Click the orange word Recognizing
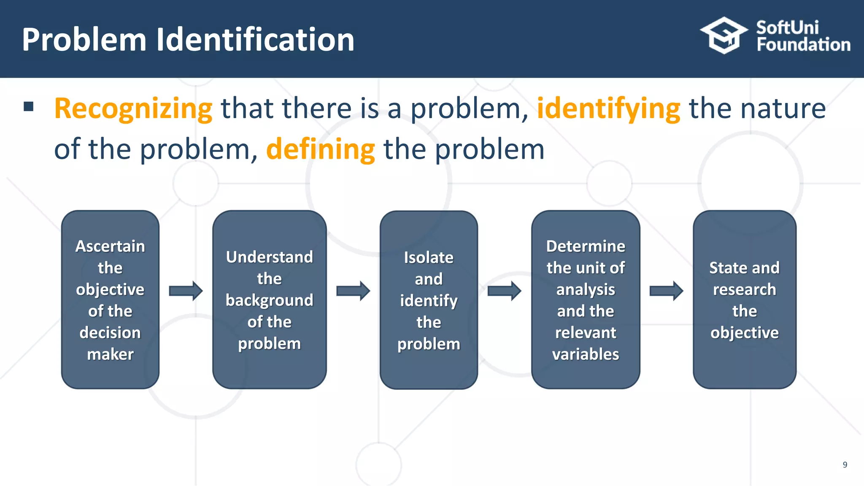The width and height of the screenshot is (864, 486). click(x=133, y=109)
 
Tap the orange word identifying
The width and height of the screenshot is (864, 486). click(x=608, y=109)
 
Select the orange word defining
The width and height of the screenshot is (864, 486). click(x=320, y=149)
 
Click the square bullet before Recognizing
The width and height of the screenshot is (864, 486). click(x=29, y=106)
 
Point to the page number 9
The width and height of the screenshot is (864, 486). click(x=845, y=464)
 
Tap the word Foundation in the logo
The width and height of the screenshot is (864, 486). click(x=803, y=45)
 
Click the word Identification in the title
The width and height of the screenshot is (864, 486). click(x=255, y=40)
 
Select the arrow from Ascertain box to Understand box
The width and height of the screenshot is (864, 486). click(x=186, y=291)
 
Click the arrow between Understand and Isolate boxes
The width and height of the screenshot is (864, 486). click(x=353, y=291)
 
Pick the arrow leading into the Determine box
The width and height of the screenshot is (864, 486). click(x=504, y=291)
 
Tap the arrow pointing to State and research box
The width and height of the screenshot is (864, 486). click(x=666, y=291)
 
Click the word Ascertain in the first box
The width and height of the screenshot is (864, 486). click(x=110, y=246)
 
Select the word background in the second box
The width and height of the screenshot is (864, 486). click(x=269, y=300)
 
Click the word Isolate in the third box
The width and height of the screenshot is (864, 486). click(x=429, y=257)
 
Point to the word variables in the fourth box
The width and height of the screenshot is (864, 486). click(x=586, y=354)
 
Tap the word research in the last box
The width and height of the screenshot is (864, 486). click(x=744, y=289)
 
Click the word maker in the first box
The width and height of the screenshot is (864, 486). click(x=110, y=354)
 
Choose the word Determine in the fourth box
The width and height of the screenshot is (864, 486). click(x=586, y=246)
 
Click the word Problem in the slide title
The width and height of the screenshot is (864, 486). click(x=84, y=40)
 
